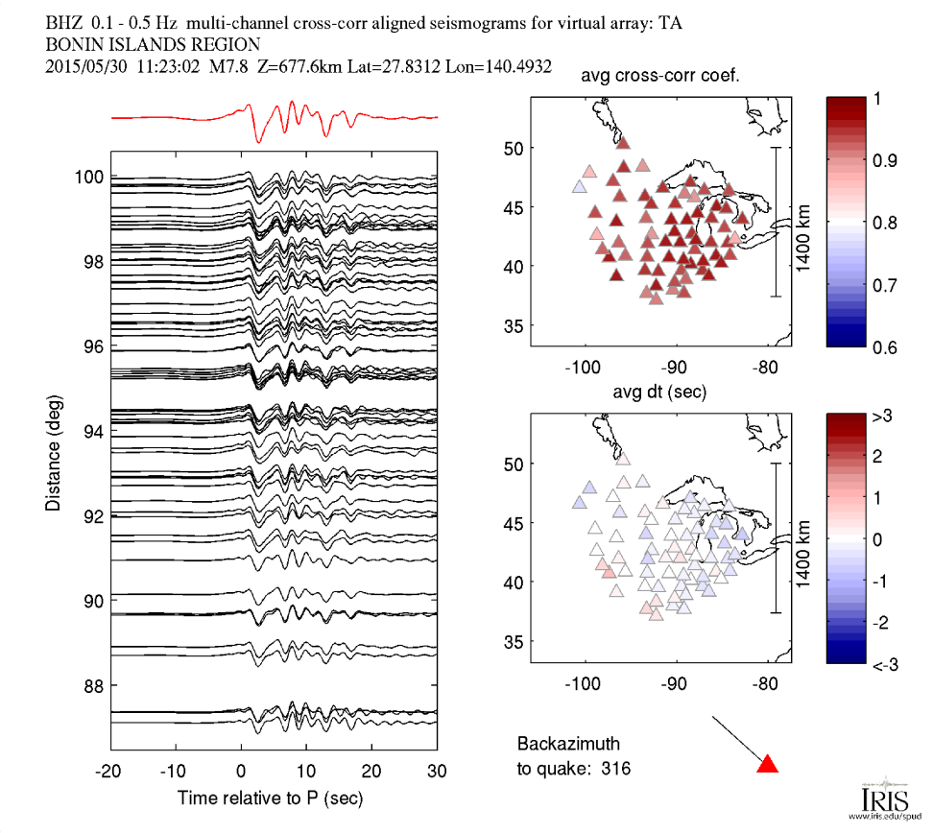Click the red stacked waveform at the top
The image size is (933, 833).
click(274, 119)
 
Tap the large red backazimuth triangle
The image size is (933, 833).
click(767, 764)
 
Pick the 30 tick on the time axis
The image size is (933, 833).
click(438, 771)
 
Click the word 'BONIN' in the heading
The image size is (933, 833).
click(74, 44)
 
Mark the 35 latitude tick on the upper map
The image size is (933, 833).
click(516, 326)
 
